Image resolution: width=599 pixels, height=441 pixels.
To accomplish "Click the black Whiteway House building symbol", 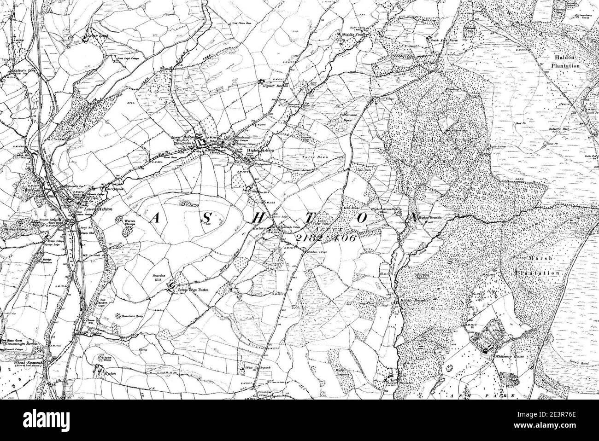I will (x=485, y=351).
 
